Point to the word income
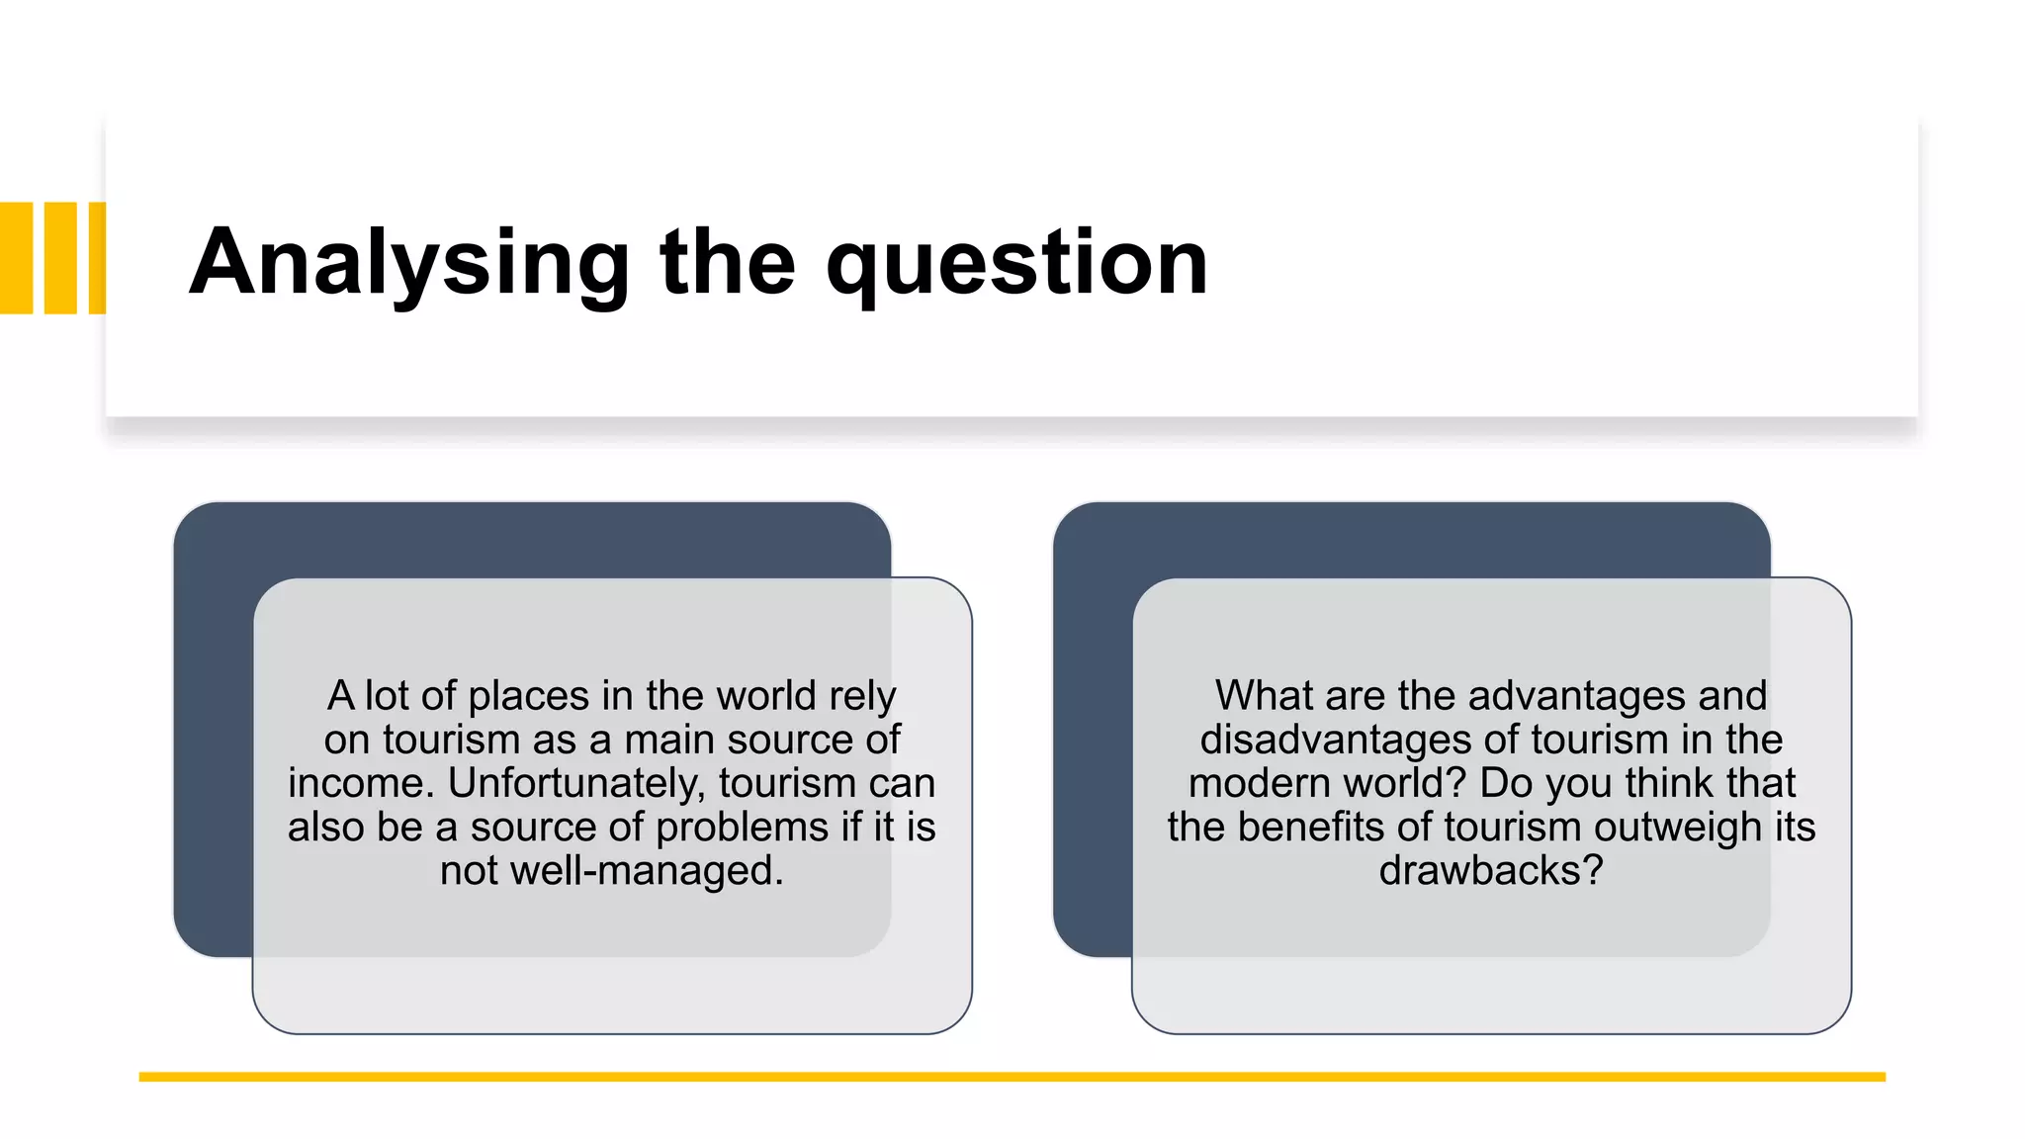[361, 783]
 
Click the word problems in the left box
[743, 827]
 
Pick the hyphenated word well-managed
[646, 870]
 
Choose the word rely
[862, 696]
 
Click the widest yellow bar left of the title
[17, 258]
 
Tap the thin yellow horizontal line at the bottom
[1012, 1077]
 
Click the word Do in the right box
[1506, 783]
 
